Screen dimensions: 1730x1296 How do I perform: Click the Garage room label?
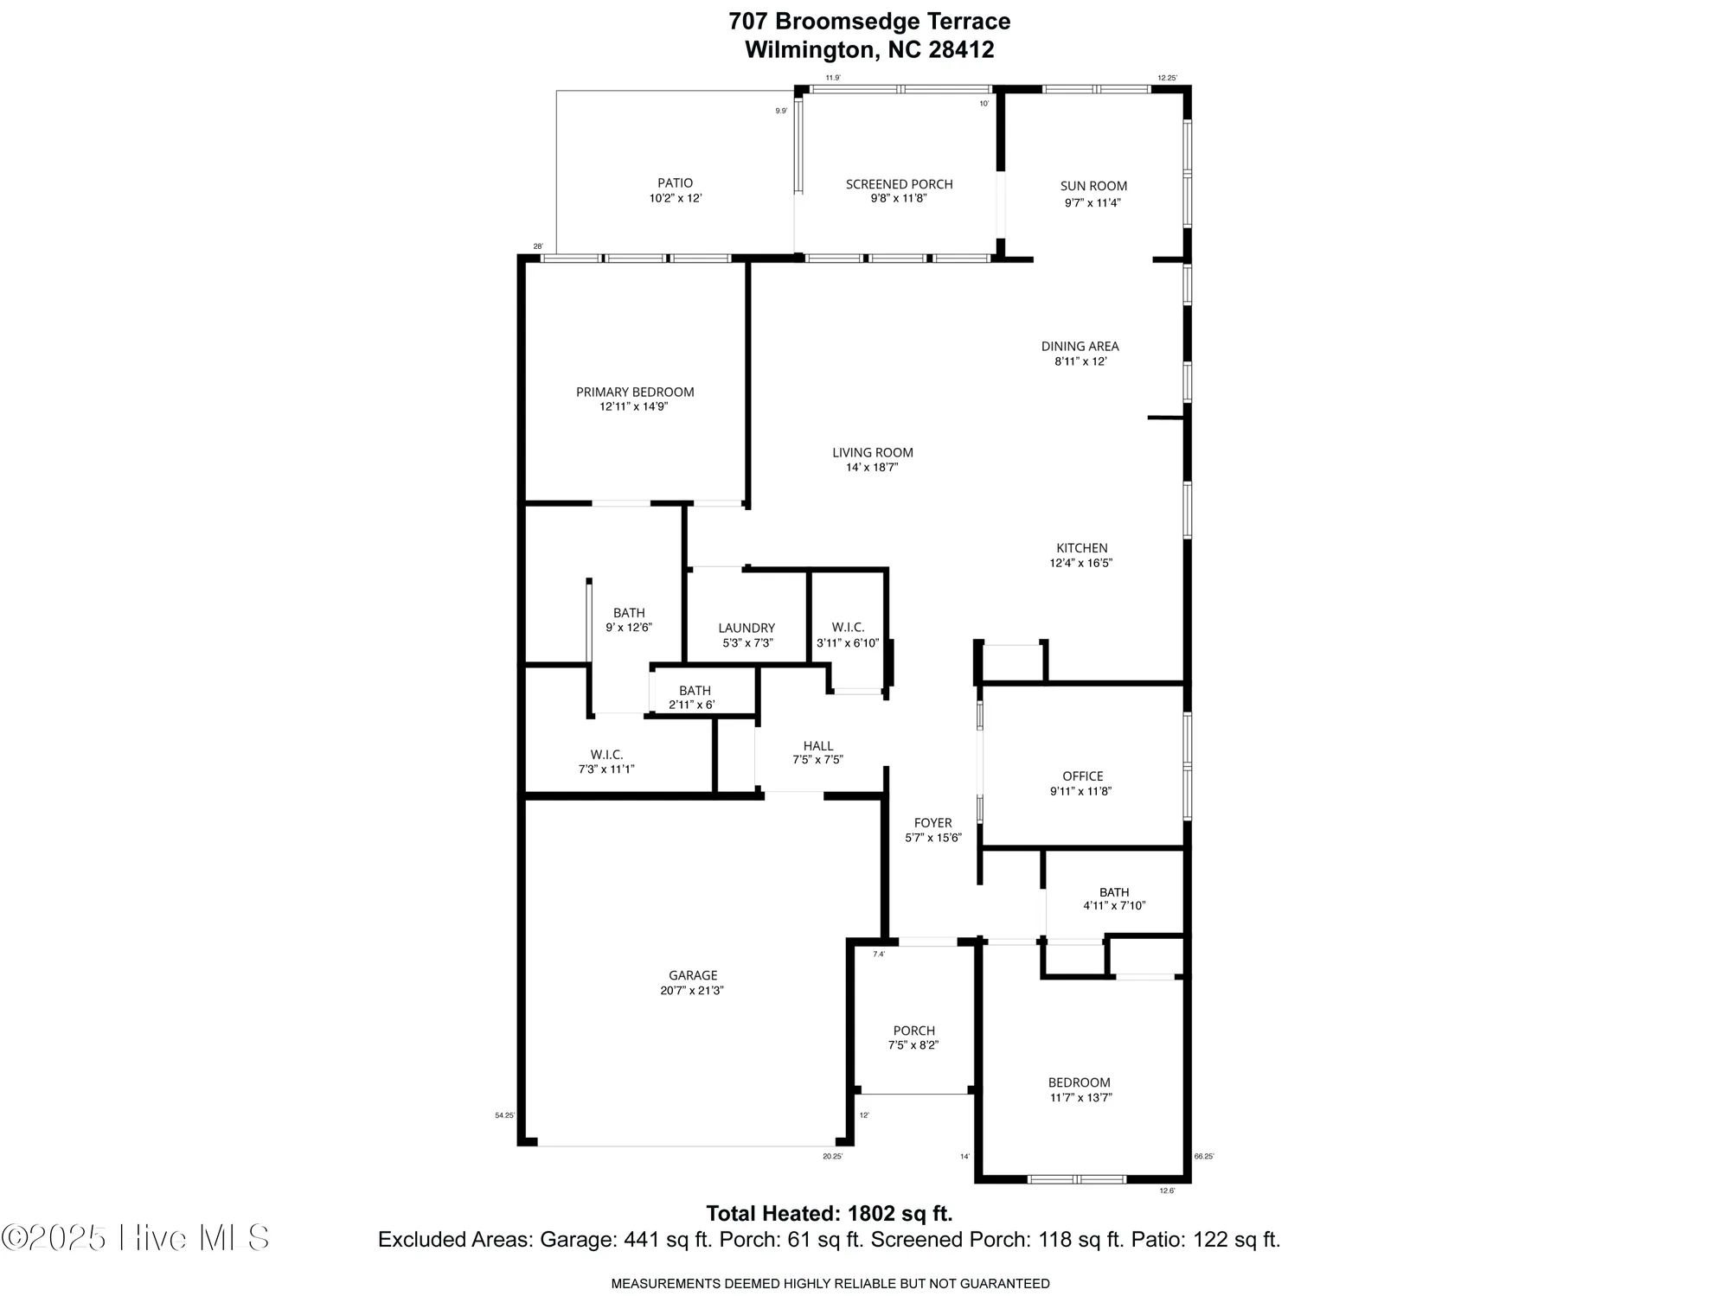click(x=693, y=975)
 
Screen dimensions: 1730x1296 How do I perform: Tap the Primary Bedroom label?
click(x=635, y=392)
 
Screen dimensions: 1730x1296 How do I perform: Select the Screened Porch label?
click(x=899, y=184)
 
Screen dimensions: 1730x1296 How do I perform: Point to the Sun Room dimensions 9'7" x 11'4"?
click(x=1093, y=203)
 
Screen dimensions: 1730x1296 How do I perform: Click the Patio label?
click(x=675, y=182)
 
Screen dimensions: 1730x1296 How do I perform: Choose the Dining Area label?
click(x=1080, y=346)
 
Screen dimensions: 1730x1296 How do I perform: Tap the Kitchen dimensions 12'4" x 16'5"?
click(x=1080, y=563)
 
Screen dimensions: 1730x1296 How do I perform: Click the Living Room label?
click(x=872, y=452)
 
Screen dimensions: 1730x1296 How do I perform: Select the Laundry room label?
click(x=746, y=628)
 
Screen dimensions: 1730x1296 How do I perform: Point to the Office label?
click(x=1082, y=776)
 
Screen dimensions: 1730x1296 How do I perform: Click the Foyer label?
click(x=932, y=823)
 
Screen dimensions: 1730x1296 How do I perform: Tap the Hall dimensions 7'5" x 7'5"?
click(x=817, y=760)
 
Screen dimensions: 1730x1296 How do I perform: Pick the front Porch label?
click(x=913, y=1031)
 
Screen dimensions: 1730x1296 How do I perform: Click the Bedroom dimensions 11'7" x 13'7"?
click(x=1080, y=1098)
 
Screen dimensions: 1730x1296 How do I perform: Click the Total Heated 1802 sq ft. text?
click(x=830, y=1214)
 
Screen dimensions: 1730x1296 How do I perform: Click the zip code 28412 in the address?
click(x=961, y=50)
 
